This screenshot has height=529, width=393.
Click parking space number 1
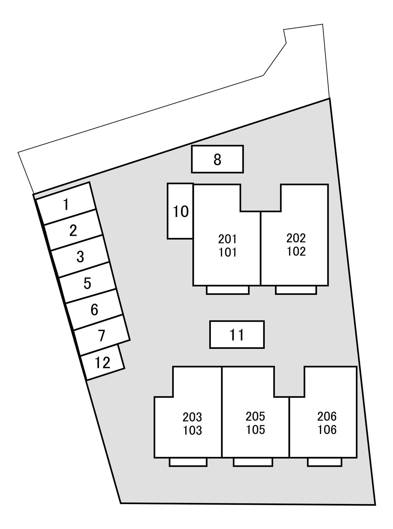click(66, 204)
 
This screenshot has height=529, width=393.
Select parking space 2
click(73, 230)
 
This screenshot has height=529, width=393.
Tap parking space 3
click(80, 257)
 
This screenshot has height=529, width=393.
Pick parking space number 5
click(87, 283)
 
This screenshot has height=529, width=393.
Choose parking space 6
click(94, 309)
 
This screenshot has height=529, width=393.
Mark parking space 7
click(102, 335)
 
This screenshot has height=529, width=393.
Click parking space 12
click(103, 362)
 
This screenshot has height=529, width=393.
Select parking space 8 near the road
click(217, 159)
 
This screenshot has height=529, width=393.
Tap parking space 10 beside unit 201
click(180, 211)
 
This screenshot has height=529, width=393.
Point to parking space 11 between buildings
click(237, 335)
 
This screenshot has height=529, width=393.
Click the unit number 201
click(227, 239)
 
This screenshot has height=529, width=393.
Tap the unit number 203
click(192, 417)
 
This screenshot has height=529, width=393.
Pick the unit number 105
click(256, 430)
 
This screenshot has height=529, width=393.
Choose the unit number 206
click(327, 416)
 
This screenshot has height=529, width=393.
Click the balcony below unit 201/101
click(228, 290)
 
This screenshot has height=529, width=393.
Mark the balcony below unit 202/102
click(296, 290)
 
